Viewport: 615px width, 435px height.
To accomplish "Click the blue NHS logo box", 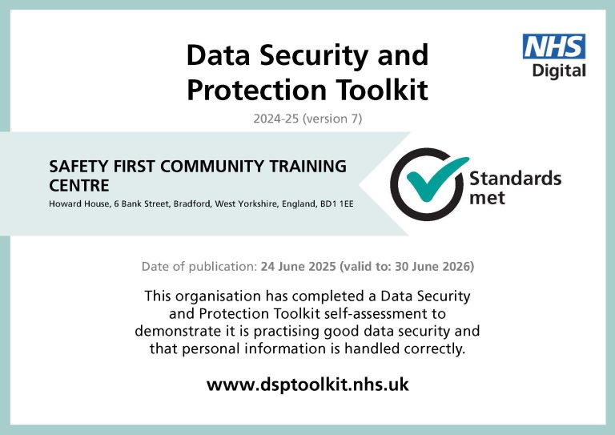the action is click(554, 46).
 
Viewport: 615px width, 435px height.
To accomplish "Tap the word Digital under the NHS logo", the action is click(559, 71).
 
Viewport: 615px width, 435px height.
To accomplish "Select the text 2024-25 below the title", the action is click(276, 119).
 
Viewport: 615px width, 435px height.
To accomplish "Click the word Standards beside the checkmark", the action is click(516, 179).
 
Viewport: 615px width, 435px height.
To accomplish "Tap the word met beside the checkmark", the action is click(487, 197).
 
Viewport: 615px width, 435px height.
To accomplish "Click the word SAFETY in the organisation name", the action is click(79, 167).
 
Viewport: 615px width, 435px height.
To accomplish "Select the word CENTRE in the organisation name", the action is click(79, 186).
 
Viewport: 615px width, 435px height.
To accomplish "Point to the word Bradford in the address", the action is click(192, 204).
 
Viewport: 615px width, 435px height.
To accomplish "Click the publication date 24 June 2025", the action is click(298, 267).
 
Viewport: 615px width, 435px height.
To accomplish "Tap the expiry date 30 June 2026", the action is click(432, 267).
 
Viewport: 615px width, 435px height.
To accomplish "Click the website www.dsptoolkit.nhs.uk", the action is click(307, 385).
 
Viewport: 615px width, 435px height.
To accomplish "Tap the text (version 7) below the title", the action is click(332, 119).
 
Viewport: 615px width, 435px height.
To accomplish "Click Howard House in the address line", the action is click(79, 204).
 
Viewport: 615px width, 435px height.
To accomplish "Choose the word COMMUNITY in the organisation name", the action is click(212, 167).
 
